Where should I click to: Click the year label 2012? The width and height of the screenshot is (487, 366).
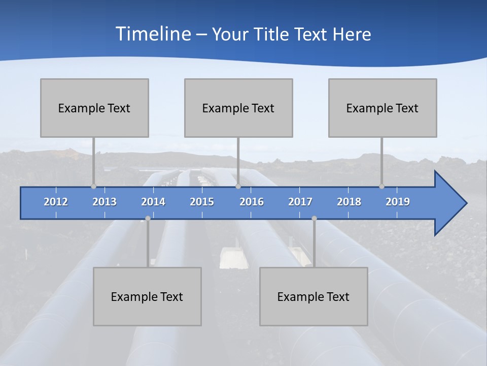(56, 202)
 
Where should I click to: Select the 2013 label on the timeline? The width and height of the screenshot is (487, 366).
(105, 202)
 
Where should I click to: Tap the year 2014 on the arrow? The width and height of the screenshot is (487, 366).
(153, 202)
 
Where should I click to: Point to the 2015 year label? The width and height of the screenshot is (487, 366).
(202, 202)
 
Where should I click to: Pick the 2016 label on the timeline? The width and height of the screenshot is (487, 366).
(252, 202)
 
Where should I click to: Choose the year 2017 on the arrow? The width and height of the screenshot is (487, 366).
(300, 202)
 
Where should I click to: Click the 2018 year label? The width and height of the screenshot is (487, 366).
(349, 202)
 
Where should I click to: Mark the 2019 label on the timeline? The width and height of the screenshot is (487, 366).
(398, 202)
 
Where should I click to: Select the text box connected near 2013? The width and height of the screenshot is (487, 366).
(94, 108)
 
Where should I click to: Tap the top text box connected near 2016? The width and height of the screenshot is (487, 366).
(238, 108)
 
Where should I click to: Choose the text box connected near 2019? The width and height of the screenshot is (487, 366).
(382, 108)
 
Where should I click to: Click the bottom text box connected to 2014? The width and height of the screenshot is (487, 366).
(147, 296)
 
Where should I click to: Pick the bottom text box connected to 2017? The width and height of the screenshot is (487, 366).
(314, 296)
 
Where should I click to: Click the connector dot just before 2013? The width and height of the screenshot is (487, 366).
(93, 186)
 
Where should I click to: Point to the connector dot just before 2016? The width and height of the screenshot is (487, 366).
(238, 186)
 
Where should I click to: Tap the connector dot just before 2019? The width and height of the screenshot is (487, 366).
(381, 186)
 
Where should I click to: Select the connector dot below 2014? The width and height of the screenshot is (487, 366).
(148, 218)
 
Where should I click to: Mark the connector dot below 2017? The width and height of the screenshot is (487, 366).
(314, 218)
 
